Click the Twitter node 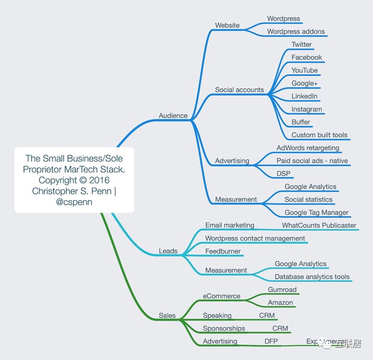coord(302,45)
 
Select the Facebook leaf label coord(307,57)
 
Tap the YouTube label coord(305,70)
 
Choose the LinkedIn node coord(305,96)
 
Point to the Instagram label coord(307,109)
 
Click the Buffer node coord(301,122)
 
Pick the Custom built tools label coord(319,135)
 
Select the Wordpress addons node coord(296,32)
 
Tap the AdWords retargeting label coord(308,148)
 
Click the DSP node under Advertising coord(284,173)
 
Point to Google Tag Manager coord(317,213)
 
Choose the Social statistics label coord(308,200)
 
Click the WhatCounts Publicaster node coord(319,226)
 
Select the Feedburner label coord(223,251)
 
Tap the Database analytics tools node coord(312,277)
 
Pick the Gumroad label coord(282,290)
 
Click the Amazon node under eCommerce coord(281,303)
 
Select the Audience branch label coord(173,116)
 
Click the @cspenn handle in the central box coord(74,202)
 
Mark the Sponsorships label coord(224,328)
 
